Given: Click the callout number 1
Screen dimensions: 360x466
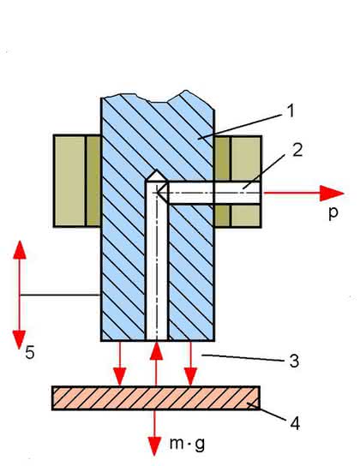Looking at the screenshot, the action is tap(291, 111).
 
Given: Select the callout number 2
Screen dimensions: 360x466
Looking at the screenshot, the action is tap(297, 150).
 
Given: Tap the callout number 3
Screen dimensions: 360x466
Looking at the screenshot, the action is tap(294, 361).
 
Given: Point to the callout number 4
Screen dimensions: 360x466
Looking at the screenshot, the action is tap(295, 423).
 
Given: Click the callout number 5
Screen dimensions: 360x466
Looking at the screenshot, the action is tap(30, 353).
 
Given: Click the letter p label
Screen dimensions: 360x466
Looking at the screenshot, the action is tap(333, 212).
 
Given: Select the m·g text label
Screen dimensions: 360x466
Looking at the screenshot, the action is tap(187, 444).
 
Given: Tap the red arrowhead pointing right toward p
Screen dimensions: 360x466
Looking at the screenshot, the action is tap(332, 194).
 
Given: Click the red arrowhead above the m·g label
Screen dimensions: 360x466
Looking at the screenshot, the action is tap(154, 446).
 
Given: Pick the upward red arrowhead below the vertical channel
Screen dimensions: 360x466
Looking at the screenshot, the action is tap(156, 350).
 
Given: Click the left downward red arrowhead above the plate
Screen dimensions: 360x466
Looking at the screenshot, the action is tap(119, 377).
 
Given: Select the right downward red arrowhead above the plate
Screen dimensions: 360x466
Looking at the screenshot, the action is tap(190, 377).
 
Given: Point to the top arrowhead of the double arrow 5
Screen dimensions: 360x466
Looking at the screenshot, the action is tap(20, 250).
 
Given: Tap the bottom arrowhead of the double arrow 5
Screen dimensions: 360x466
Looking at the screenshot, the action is tap(20, 340).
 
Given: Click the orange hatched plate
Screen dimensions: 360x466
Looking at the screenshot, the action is tap(156, 398).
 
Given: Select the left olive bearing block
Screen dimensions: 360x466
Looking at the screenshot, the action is tap(77, 181).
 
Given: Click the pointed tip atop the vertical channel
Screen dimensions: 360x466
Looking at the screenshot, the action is tap(157, 170).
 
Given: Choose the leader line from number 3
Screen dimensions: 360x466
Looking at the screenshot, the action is tap(243, 357).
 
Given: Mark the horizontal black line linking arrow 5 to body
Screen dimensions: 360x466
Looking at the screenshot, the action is tap(60, 295).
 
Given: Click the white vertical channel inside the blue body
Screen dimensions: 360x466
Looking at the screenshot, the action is tap(157, 260).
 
